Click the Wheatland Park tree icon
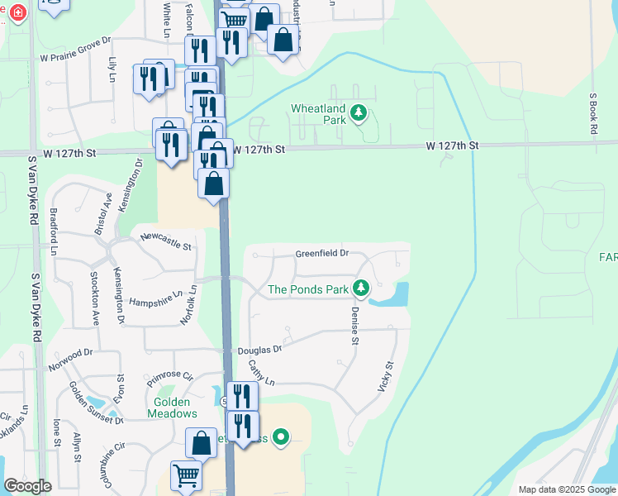(358, 112)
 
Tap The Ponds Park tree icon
(360, 288)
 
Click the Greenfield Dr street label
(321, 254)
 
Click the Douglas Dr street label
(259, 350)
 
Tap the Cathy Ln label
(260, 375)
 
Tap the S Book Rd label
(592, 107)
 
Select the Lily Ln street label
(112, 69)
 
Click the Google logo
(27, 486)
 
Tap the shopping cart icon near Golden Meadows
(187, 475)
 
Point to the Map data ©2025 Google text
(566, 489)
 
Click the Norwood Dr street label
(70, 357)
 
